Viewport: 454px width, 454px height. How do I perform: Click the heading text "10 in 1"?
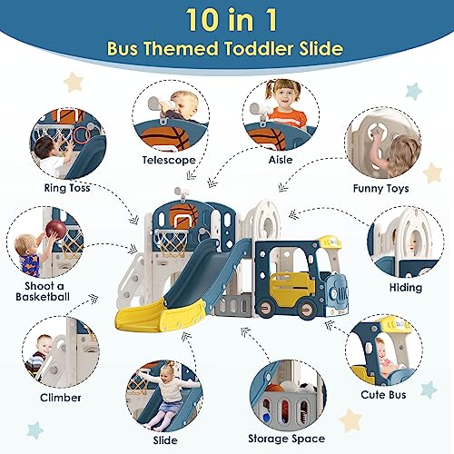[x=227, y=20]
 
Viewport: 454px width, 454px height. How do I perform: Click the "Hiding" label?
[x=406, y=287]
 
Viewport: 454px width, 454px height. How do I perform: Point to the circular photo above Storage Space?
[x=284, y=392]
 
